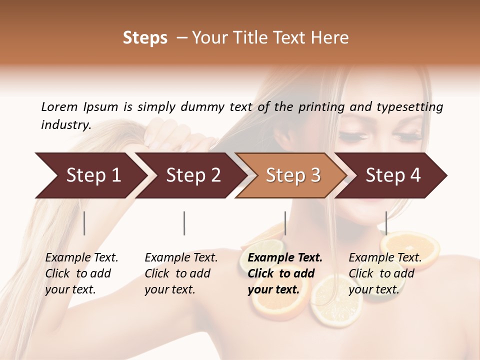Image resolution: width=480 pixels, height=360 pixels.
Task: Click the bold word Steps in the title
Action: click(145, 38)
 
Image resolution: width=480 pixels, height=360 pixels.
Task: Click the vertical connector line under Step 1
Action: click(84, 223)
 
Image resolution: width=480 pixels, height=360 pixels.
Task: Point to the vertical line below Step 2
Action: click(184, 223)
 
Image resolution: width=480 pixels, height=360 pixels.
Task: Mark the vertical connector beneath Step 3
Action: click(285, 223)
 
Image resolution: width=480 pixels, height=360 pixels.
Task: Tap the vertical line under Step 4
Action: click(386, 223)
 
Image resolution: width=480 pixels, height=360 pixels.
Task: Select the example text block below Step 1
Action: click(81, 273)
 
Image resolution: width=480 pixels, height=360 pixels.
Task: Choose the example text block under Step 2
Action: click(181, 273)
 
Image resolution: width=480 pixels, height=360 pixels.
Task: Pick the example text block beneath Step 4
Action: click(385, 273)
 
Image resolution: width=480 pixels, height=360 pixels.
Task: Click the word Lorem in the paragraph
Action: click(59, 107)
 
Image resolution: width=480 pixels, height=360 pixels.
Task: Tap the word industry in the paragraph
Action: click(66, 125)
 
